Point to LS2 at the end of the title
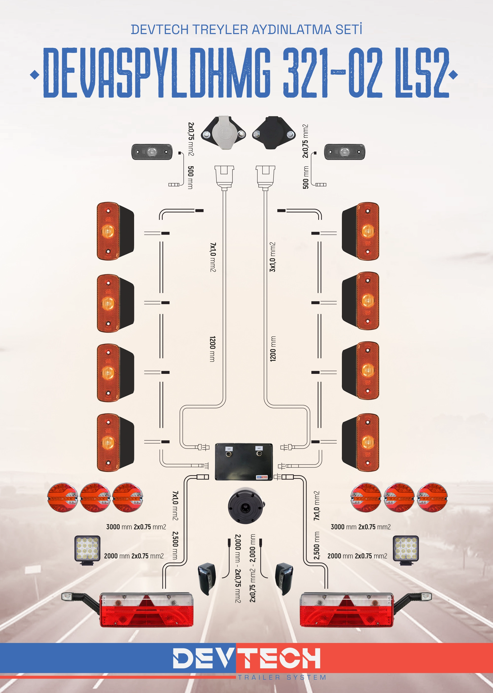coord(422,73)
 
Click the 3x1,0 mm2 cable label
coord(273,257)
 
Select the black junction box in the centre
coord(244,462)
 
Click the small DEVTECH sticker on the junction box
coord(262,477)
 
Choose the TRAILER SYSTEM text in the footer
coord(282,677)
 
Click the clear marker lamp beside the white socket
coord(152,152)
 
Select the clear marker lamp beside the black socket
coord(345,152)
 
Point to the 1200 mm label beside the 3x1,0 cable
coord(273,349)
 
